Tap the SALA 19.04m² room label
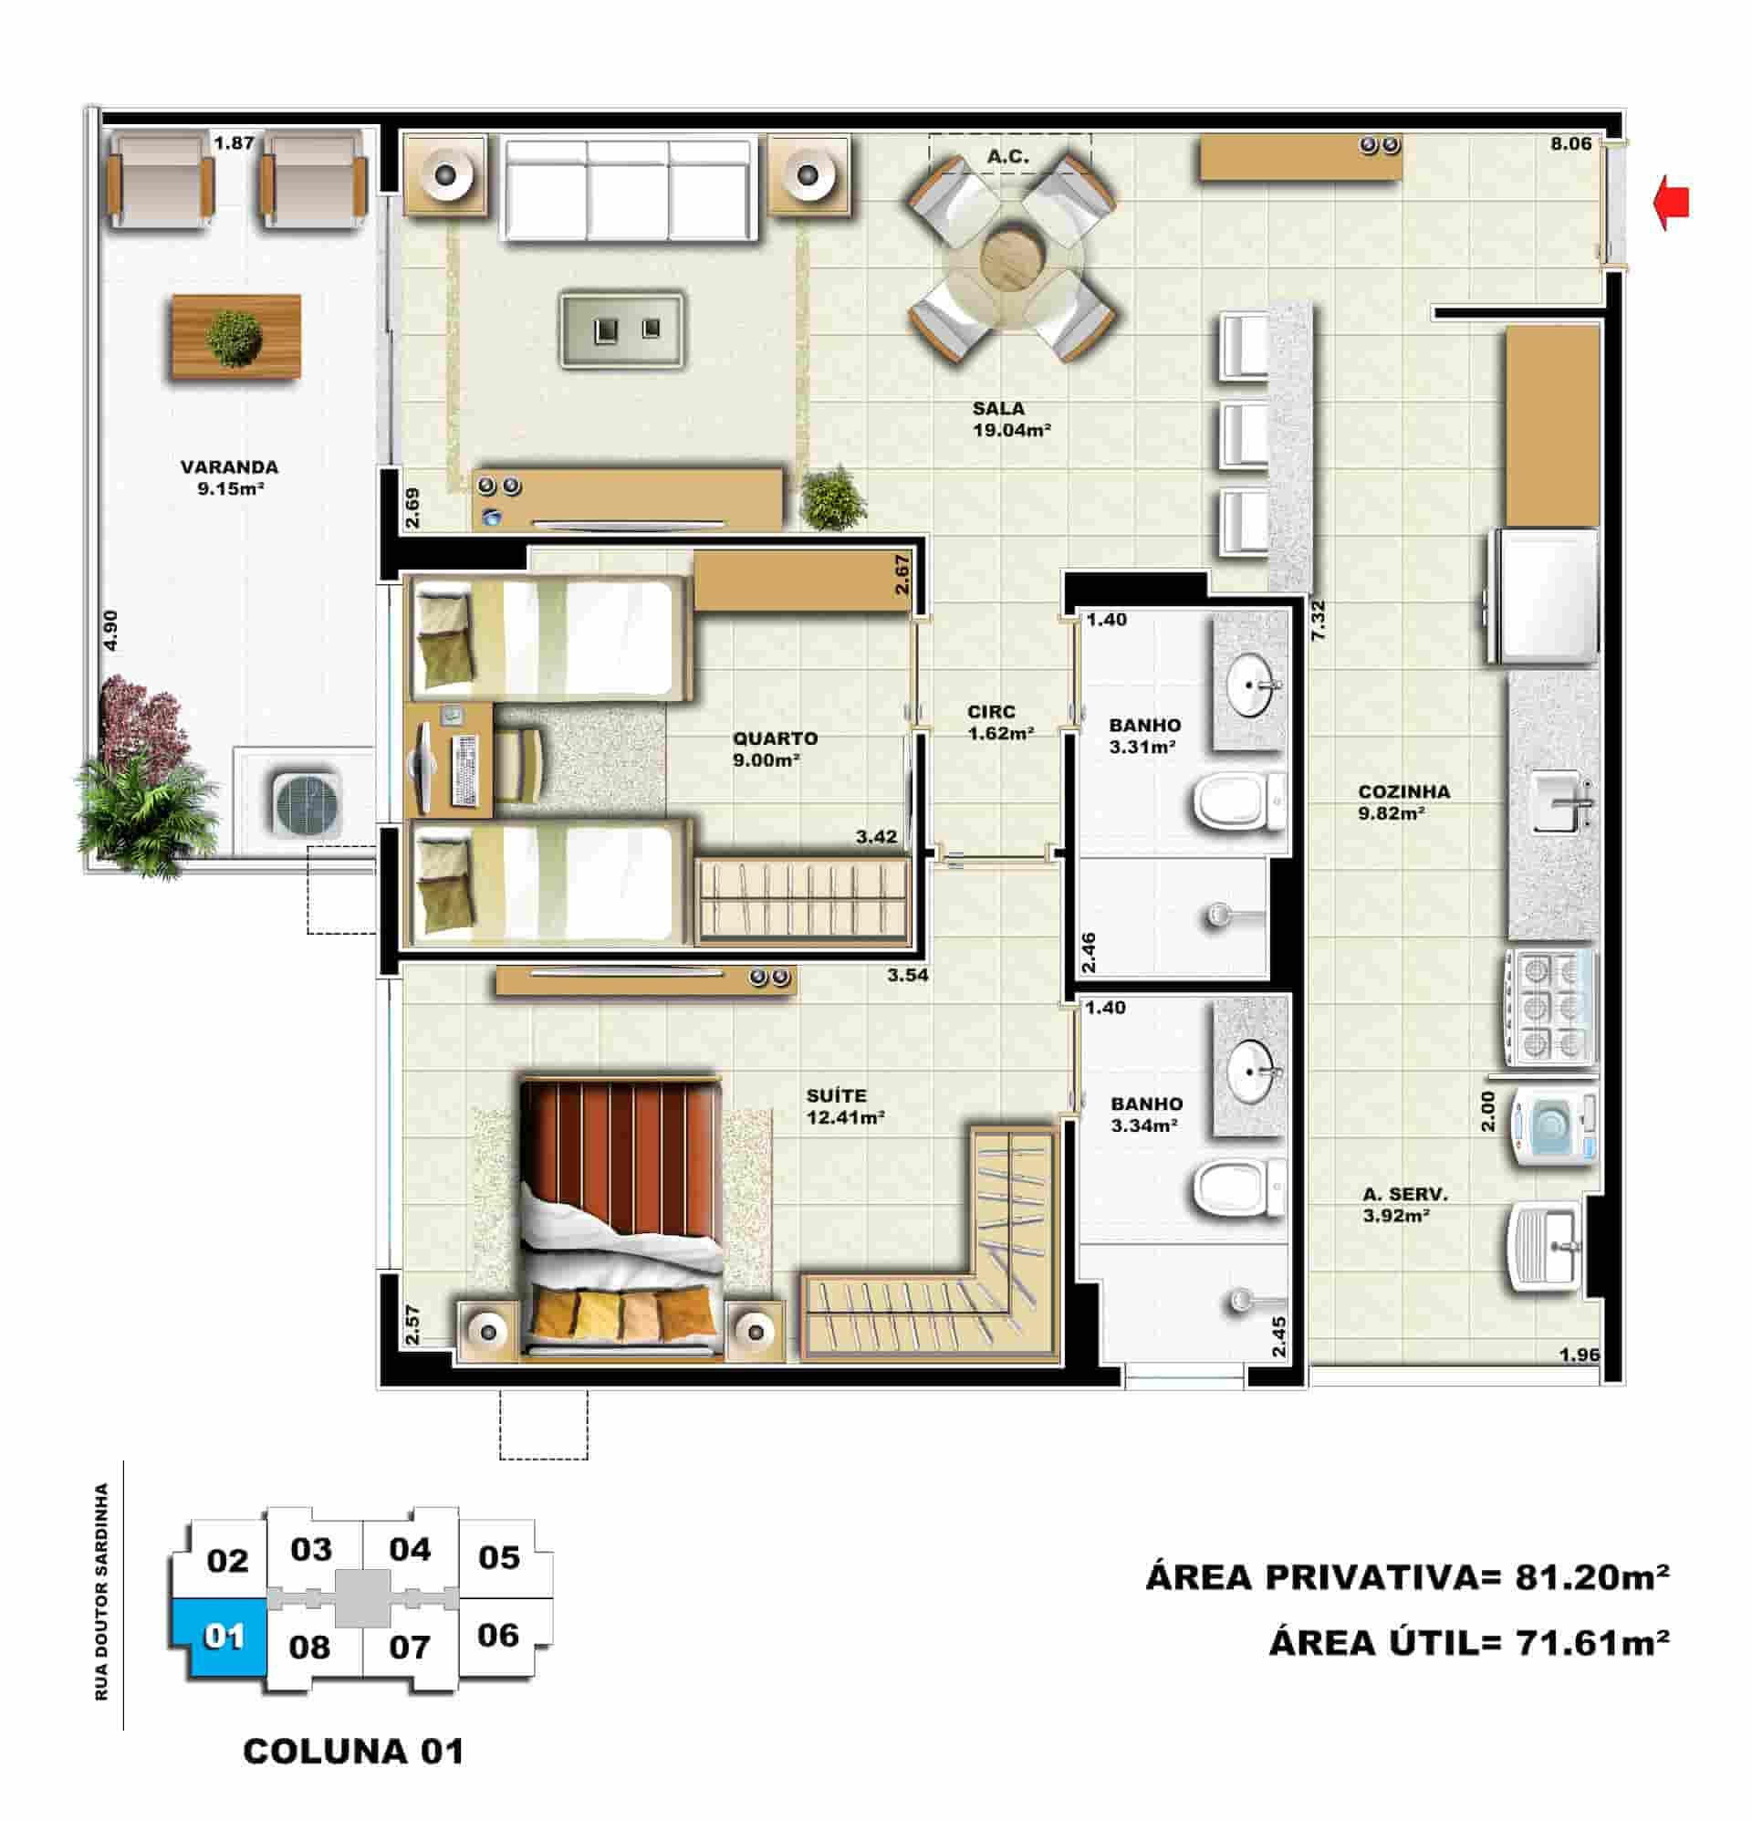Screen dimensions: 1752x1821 [x=1012, y=419]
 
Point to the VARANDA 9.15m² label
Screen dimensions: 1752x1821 [x=229, y=477]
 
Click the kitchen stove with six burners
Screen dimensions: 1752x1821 [x=1550, y=1006]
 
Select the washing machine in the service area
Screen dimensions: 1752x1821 [x=1552, y=1126]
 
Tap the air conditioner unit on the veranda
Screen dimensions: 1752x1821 [x=307, y=803]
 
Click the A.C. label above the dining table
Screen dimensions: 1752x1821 [x=1008, y=156]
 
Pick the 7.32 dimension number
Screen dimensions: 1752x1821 [x=1318, y=621]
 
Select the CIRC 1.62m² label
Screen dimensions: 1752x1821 [x=1000, y=722]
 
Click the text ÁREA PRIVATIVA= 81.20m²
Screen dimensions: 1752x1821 [x=1407, y=1576]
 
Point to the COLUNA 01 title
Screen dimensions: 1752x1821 [x=353, y=1752]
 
